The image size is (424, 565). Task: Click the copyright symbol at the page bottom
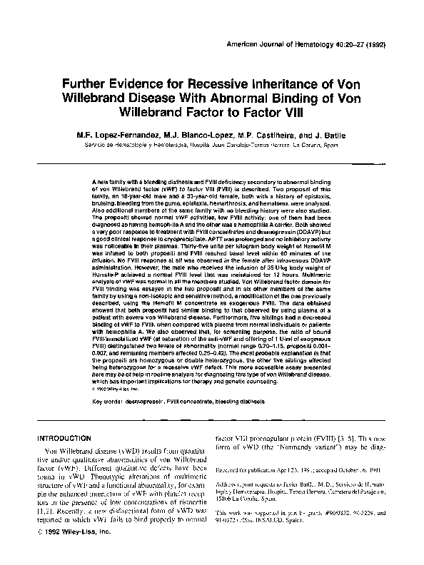pyautogui.click(x=39, y=552)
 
